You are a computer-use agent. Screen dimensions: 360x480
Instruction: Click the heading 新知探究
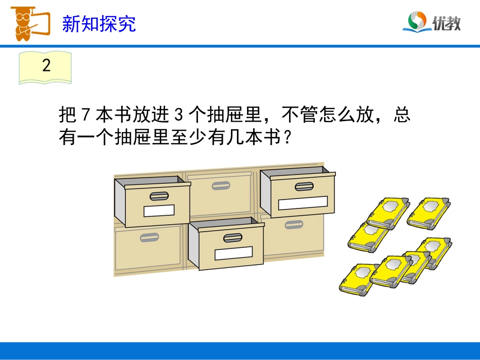[99, 24]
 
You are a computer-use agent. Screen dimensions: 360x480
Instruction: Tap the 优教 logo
[431, 22]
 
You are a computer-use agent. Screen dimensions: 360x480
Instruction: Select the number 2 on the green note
[46, 66]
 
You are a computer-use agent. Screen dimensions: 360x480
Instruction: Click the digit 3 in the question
[177, 116]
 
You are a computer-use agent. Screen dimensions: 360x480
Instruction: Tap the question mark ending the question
[287, 137]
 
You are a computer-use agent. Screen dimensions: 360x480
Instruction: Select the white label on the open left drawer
[159, 211]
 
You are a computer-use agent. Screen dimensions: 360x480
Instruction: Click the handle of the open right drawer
[304, 186]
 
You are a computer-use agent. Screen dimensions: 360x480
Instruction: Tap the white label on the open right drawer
[303, 203]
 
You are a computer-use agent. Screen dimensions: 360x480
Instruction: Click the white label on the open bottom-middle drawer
[233, 253]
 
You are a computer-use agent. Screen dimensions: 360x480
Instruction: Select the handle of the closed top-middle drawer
[221, 186]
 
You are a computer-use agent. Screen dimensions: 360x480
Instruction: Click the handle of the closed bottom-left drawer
[149, 237]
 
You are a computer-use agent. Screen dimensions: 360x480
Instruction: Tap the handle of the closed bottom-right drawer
[294, 225]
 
